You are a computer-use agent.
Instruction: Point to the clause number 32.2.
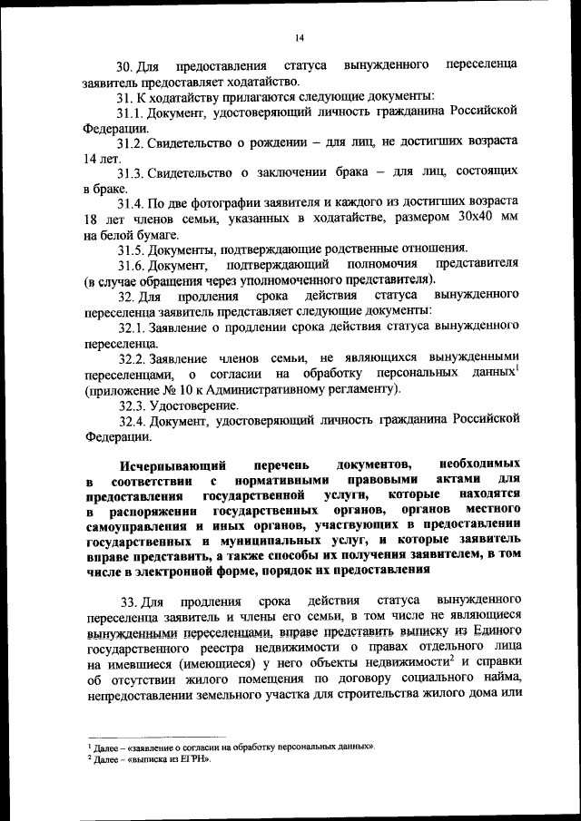point(133,357)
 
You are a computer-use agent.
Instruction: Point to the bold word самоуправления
point(133,524)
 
